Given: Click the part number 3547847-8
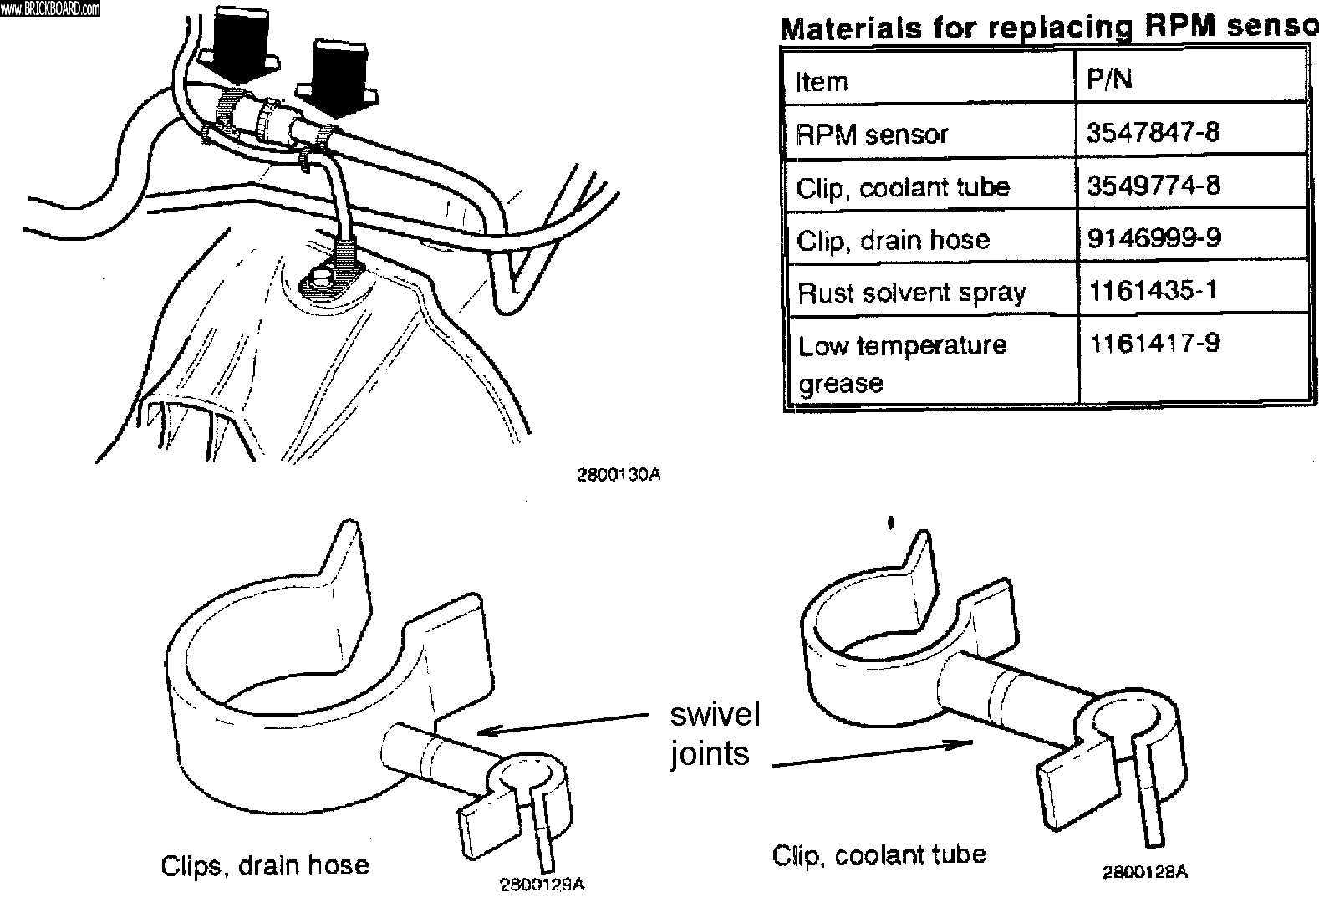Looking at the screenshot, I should coord(1152,132).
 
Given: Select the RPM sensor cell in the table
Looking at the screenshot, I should coord(872,135).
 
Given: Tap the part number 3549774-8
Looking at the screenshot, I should coord(1153,185).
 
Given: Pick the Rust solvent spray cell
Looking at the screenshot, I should coord(911,293).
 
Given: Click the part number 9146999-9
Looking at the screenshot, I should coord(1153,238).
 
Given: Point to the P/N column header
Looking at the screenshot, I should coord(1109,79).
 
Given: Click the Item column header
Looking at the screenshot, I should coord(822,81).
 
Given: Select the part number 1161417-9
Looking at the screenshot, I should coord(1153,343).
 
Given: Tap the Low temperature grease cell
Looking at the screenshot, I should coord(902,363).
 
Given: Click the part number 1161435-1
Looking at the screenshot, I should coord(1153,290).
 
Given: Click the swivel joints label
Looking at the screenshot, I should coord(715,734).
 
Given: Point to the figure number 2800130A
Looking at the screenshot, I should coord(619,475).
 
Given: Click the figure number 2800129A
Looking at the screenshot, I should coord(542,885).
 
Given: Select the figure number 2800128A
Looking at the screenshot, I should coord(1144,872).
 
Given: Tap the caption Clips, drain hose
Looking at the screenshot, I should coord(265,865).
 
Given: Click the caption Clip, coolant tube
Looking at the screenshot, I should coord(878,854).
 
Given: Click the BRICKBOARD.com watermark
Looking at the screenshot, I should coord(50,9).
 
